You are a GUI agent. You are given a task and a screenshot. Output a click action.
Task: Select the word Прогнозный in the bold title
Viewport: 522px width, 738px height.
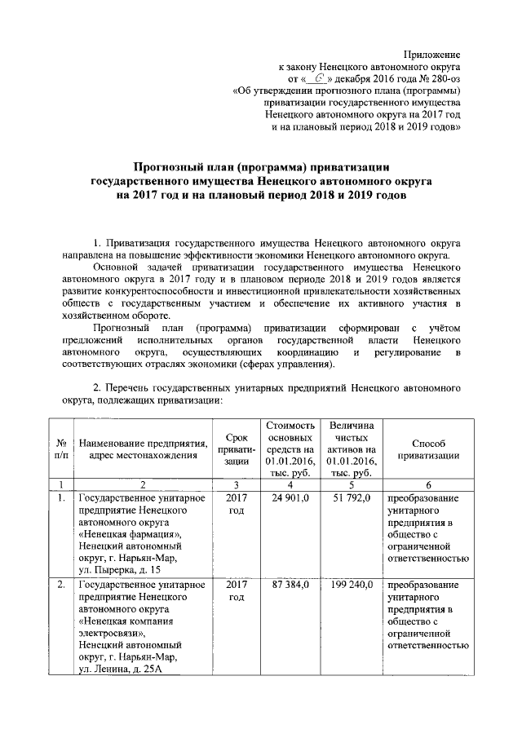tap(170, 166)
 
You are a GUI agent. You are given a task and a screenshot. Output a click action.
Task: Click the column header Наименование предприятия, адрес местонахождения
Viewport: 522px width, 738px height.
tap(142, 449)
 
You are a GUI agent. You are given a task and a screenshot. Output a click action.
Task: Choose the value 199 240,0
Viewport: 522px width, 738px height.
tap(350, 585)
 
